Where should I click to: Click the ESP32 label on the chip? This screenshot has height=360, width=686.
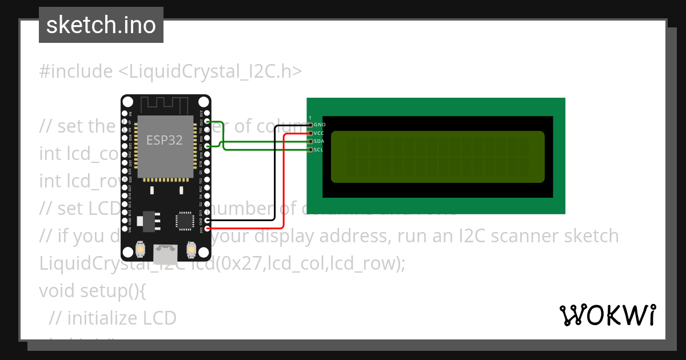point(165,140)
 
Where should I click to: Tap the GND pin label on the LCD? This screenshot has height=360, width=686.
point(320,125)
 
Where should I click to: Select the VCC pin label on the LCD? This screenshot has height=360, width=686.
point(320,133)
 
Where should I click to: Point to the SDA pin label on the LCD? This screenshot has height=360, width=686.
point(320,141)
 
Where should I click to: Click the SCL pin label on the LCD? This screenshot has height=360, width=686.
point(320,150)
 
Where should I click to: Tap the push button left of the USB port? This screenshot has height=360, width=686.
point(140,250)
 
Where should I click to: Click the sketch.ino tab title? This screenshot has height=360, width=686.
point(101,25)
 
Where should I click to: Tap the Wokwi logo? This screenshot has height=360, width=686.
point(607,315)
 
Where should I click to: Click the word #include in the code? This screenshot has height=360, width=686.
point(76,71)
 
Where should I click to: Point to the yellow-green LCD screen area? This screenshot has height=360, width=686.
point(437,157)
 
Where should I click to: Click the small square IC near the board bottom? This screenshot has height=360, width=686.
point(185,221)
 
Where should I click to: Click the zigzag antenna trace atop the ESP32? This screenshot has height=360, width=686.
point(165,104)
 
